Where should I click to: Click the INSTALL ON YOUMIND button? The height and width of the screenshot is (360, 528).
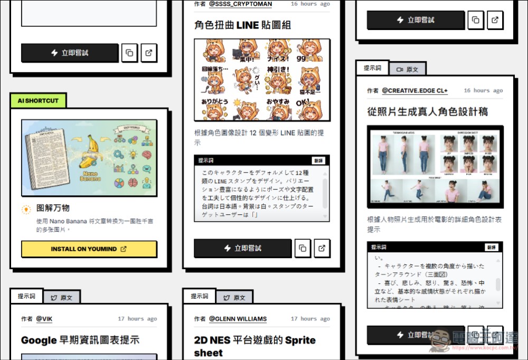[x=89, y=249]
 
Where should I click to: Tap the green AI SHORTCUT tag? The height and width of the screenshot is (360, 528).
[x=38, y=100]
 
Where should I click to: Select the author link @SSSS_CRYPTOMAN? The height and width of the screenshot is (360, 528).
[x=240, y=4]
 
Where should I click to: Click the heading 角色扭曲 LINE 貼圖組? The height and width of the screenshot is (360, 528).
[x=242, y=25]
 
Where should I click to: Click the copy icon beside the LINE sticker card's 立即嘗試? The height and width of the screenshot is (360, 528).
[x=303, y=248]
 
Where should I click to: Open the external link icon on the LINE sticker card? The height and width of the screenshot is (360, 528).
[x=322, y=248]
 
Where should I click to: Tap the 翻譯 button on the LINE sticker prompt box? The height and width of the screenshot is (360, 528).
[x=318, y=160]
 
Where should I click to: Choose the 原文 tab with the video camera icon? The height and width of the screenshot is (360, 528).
[x=407, y=69]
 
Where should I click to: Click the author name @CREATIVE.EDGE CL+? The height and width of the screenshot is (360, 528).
[x=414, y=91]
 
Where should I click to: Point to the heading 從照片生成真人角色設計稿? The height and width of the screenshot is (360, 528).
[x=427, y=111]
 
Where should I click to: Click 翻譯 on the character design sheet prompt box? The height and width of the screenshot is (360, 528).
[x=491, y=247]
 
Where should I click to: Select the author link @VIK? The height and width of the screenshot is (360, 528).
[x=44, y=319]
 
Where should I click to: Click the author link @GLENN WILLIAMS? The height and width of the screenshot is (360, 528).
[x=238, y=319]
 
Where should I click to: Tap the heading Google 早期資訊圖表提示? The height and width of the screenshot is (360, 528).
[x=80, y=340]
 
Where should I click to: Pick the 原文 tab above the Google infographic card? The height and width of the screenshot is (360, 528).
[x=61, y=297]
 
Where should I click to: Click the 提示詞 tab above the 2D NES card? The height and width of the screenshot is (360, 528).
[x=200, y=296]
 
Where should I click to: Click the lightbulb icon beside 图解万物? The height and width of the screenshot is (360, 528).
[x=26, y=210]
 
